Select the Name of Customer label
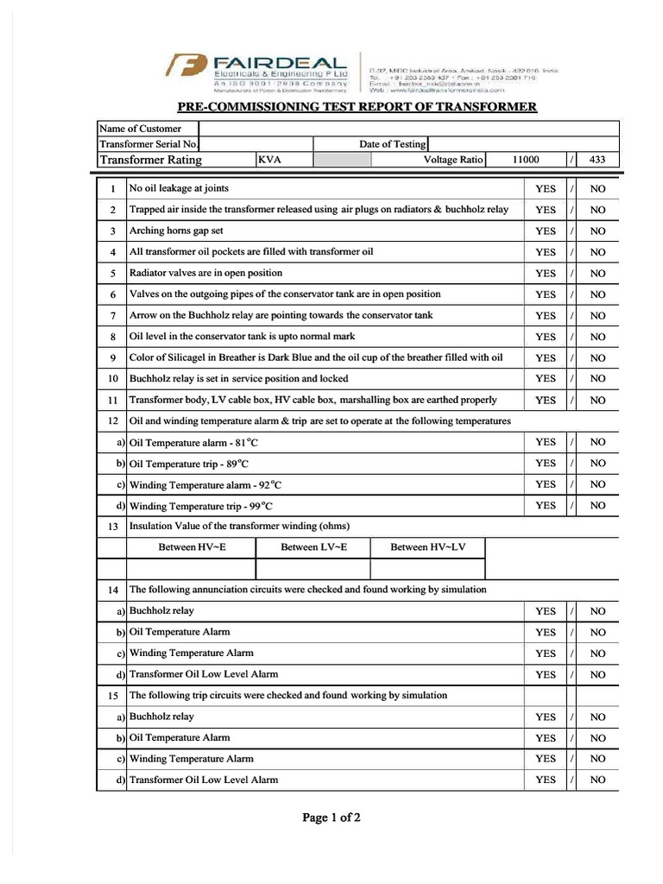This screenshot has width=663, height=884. (141, 129)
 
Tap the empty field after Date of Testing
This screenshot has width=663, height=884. (523, 144)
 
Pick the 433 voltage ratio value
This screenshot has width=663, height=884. (597, 160)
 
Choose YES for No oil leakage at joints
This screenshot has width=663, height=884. (546, 188)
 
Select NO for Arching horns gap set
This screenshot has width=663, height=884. (597, 231)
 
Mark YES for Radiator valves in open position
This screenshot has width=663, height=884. (546, 274)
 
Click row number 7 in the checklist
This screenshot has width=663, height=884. (112, 316)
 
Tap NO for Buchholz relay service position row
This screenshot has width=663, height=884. (597, 379)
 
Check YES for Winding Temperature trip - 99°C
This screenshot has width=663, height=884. (546, 506)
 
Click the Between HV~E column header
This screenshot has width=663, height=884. (192, 547)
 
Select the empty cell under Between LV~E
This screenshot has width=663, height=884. (313, 568)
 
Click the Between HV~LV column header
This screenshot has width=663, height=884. (427, 547)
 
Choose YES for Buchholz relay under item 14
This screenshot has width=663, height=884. (546, 611)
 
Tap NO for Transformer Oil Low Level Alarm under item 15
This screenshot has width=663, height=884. (597, 780)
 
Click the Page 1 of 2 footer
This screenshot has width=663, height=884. (331, 818)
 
